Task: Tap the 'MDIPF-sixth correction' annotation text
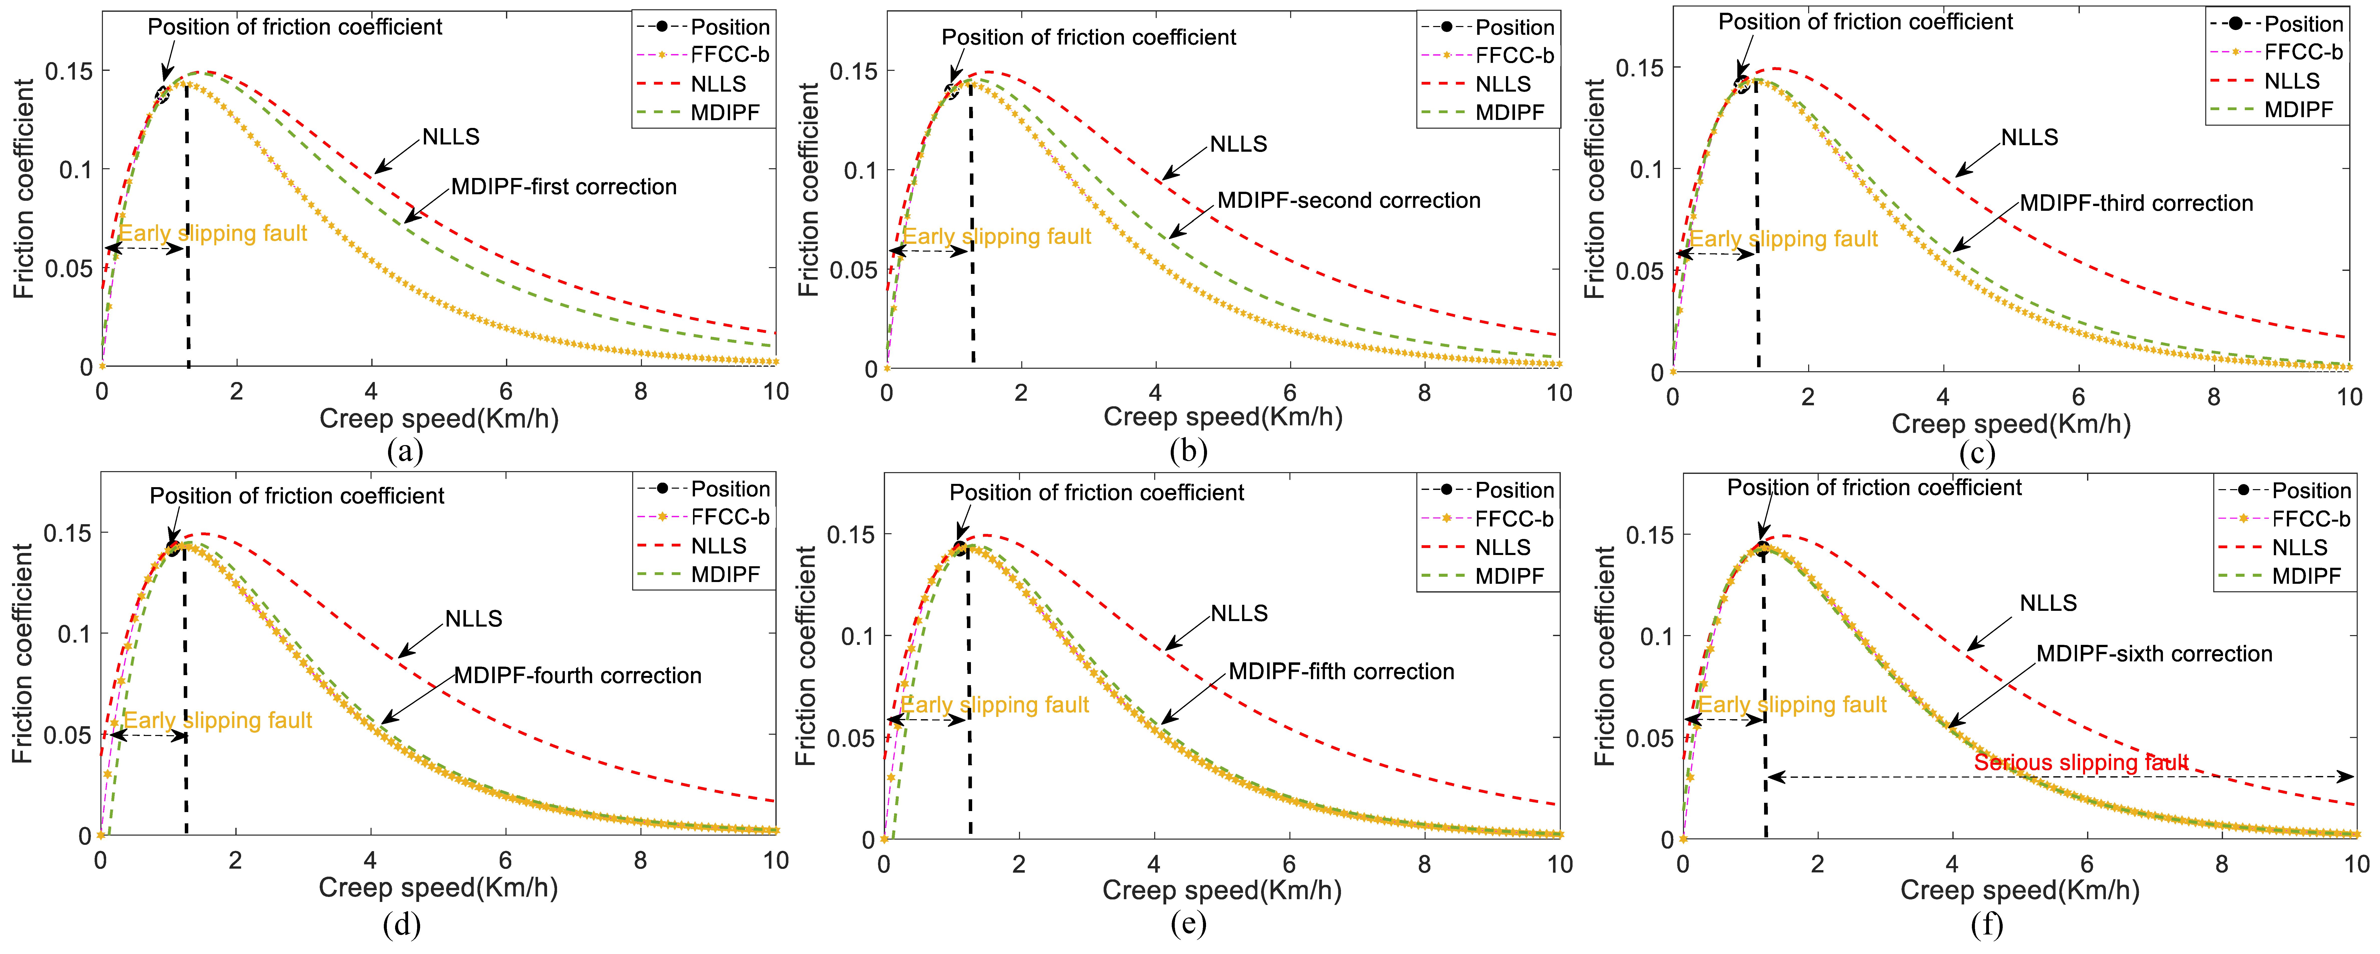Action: (x=2154, y=654)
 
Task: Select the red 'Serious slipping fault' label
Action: (x=2081, y=763)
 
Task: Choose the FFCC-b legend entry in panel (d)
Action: (x=730, y=517)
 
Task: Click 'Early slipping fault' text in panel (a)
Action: (x=213, y=234)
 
